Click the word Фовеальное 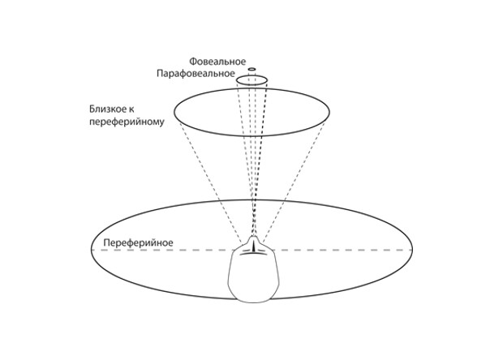pos(217,62)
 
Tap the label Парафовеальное pos(196,74)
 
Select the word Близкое pos(117,108)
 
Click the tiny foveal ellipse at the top pos(252,69)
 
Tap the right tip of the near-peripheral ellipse pos(331,114)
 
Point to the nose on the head pos(254,246)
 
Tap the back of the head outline pos(253,302)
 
